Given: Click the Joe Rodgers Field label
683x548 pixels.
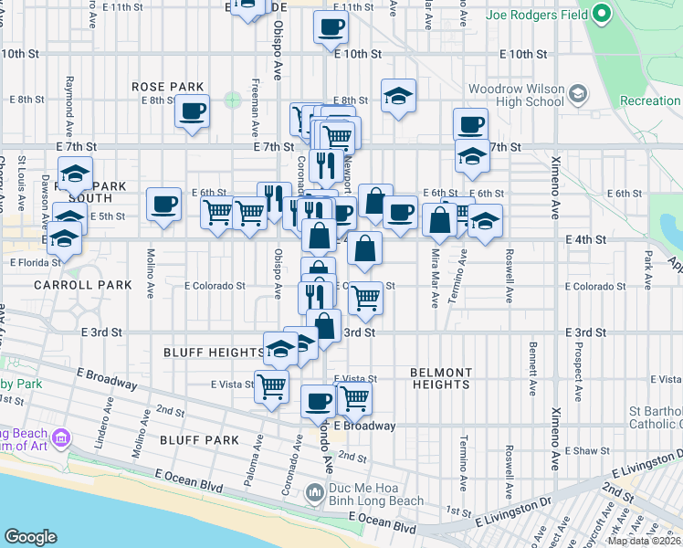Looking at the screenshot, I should (x=536, y=16).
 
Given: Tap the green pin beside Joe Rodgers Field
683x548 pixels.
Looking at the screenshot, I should (x=601, y=15).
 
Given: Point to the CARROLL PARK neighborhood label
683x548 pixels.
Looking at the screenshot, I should (x=71, y=285).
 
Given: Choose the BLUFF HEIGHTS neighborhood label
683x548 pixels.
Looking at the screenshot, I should (x=213, y=352).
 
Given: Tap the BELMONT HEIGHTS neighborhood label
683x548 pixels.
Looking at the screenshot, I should (x=441, y=378).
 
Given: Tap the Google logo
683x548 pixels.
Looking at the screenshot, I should (x=30, y=537).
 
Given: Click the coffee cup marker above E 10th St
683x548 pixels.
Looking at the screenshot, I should (x=331, y=26).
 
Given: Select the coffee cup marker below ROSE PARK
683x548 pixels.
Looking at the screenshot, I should (x=192, y=111).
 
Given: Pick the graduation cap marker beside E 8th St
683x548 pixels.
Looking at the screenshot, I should (x=398, y=95).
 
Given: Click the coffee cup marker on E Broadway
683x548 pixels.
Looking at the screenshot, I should (x=319, y=401).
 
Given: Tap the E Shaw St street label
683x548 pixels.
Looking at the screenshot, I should (x=585, y=451).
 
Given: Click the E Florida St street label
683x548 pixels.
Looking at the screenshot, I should (x=35, y=262).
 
